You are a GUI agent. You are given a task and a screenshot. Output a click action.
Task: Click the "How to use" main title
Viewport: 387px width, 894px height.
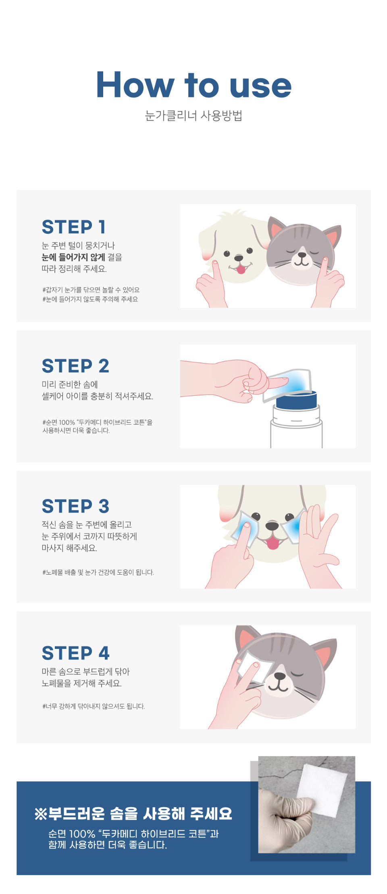193,84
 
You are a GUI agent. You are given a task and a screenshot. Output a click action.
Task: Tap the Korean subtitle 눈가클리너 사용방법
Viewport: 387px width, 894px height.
193,115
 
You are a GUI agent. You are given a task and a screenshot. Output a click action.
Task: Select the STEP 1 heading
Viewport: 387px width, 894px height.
74,227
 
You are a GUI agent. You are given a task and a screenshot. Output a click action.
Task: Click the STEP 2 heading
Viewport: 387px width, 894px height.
75,366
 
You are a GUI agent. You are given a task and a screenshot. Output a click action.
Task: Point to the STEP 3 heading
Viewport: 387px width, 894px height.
75,506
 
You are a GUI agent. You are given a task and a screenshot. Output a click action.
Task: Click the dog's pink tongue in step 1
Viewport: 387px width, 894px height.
241,269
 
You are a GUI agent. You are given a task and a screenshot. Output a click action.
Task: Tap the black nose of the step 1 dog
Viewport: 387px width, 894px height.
239,258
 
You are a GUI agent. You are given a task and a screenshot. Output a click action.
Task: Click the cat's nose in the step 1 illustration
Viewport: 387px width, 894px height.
302,255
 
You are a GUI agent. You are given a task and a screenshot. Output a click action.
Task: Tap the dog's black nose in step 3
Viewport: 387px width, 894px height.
272,526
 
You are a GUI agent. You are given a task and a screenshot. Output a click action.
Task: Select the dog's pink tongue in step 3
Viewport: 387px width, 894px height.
273,543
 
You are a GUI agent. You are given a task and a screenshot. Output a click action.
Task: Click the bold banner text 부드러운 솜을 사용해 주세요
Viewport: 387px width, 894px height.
140,814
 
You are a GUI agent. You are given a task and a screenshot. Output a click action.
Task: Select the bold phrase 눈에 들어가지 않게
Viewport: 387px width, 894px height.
73,257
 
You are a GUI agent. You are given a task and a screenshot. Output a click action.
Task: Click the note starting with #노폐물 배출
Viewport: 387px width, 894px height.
98,572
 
